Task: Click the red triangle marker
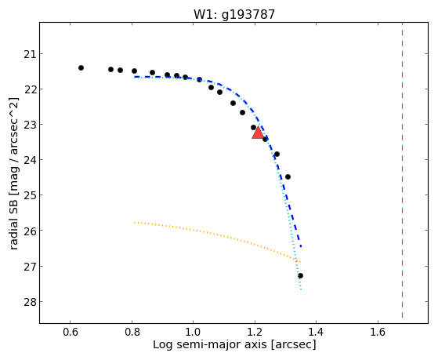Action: [258, 133]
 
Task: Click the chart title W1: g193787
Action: [234, 14]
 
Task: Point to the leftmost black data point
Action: [81, 67]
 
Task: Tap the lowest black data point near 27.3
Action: [300, 276]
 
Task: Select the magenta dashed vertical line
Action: [402, 170]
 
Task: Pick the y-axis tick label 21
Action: [29, 53]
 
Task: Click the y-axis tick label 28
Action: [29, 301]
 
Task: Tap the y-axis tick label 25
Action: [29, 195]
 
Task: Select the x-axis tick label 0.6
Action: [70, 332]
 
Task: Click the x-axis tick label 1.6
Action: [378, 332]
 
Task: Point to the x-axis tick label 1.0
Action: [193, 332]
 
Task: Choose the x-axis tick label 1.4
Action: [317, 332]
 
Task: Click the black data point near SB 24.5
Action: [288, 176]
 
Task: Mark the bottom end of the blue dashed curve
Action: [301, 247]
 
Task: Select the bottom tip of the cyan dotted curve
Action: [301, 289]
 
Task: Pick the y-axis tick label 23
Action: [29, 124]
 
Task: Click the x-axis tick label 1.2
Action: [255, 332]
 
